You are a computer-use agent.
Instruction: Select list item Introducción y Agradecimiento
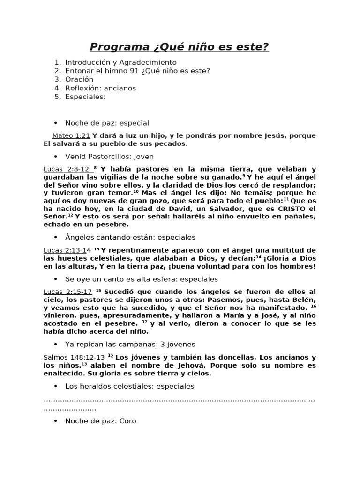pyautogui.click(x=120, y=62)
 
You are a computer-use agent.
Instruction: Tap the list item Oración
pyautogui.click(x=79, y=79)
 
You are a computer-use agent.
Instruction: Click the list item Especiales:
pyautogui.click(x=85, y=97)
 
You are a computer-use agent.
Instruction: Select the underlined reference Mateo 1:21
pyautogui.click(x=71, y=135)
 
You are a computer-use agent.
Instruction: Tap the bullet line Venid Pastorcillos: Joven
pyautogui.click(x=109, y=157)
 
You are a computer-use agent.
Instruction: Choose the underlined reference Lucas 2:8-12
pyautogui.click(x=66, y=169)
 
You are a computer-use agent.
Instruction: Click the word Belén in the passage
pyautogui.click(x=305, y=300)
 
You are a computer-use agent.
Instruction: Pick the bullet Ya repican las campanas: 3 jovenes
pyautogui.click(x=124, y=344)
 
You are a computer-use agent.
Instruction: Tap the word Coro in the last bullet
pyautogui.click(x=128, y=421)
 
